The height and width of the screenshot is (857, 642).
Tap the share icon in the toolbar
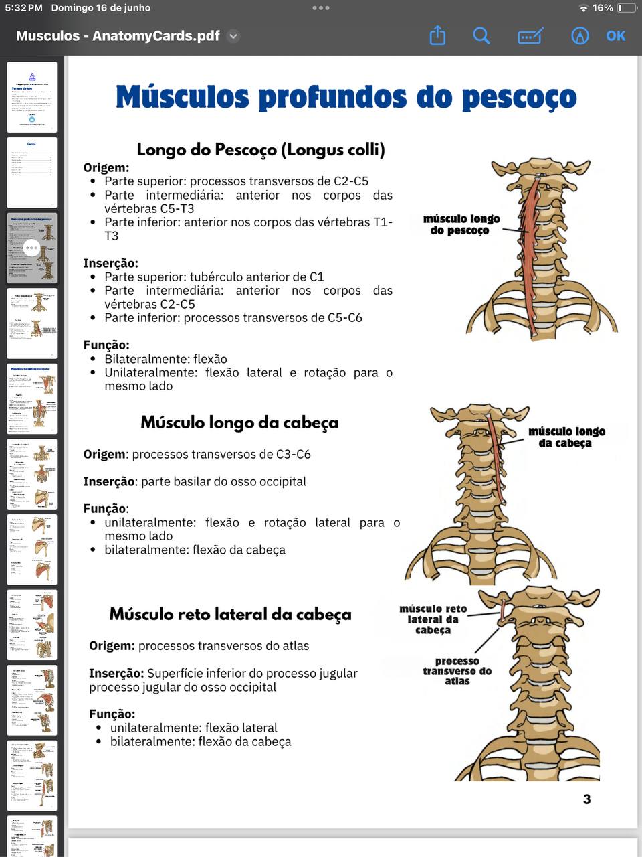coord(437,35)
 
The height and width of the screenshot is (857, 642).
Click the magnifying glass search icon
coord(481,35)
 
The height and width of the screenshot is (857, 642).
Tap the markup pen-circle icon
coord(580,35)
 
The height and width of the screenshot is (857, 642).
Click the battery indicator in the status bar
coord(627,8)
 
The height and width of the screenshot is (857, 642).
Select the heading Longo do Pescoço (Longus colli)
coord(261,149)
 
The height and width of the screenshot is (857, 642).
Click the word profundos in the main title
coord(332,98)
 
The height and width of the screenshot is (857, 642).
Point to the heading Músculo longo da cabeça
coord(239,422)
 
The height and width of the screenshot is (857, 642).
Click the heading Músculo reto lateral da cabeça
coord(230,614)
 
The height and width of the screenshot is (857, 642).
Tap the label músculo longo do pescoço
coord(461,224)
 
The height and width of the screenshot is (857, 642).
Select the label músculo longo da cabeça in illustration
coord(566,437)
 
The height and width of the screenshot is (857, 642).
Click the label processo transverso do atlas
coord(457,671)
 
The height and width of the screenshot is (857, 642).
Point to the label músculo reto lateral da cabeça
coord(433,619)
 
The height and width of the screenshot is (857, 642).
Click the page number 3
coord(586,799)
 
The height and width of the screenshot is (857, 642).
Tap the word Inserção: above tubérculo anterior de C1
coord(110,263)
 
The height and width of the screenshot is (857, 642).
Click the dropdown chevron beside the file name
coord(233,36)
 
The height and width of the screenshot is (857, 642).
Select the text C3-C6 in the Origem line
coord(293,454)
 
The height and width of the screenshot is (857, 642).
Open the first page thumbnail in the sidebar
coord(32,97)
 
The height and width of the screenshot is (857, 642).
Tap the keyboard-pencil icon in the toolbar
coord(530,36)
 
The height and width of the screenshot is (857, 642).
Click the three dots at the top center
coord(321,8)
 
